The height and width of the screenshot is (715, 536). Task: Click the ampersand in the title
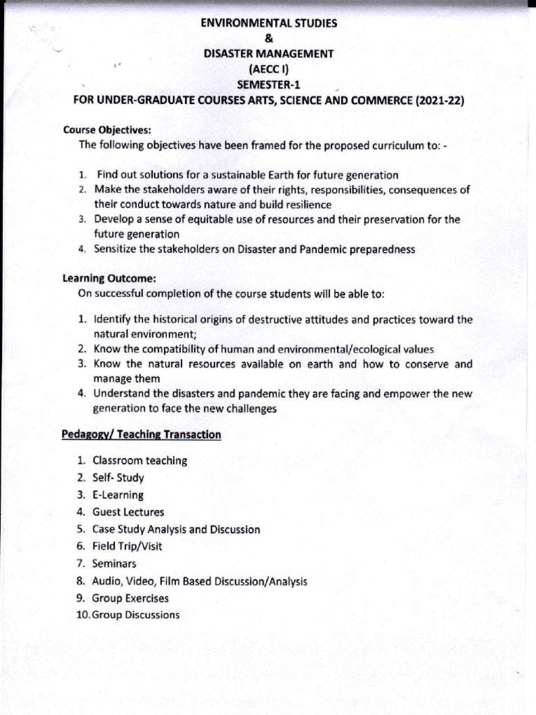coord(268,38)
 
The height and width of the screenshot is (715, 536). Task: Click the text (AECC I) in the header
coord(268,69)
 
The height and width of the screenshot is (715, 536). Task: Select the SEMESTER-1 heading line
coord(268,84)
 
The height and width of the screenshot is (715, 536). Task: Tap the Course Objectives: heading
coord(107,130)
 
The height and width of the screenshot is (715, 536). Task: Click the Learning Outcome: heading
coord(107,279)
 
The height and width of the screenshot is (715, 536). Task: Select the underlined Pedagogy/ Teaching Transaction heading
coord(142,435)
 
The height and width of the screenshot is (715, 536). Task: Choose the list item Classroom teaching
coord(140,461)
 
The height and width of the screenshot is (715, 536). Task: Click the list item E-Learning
coord(118,495)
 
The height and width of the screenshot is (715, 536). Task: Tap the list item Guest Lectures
coord(128,513)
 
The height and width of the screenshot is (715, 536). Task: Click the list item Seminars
coord(114,563)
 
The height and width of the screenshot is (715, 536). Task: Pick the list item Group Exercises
coord(131,598)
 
